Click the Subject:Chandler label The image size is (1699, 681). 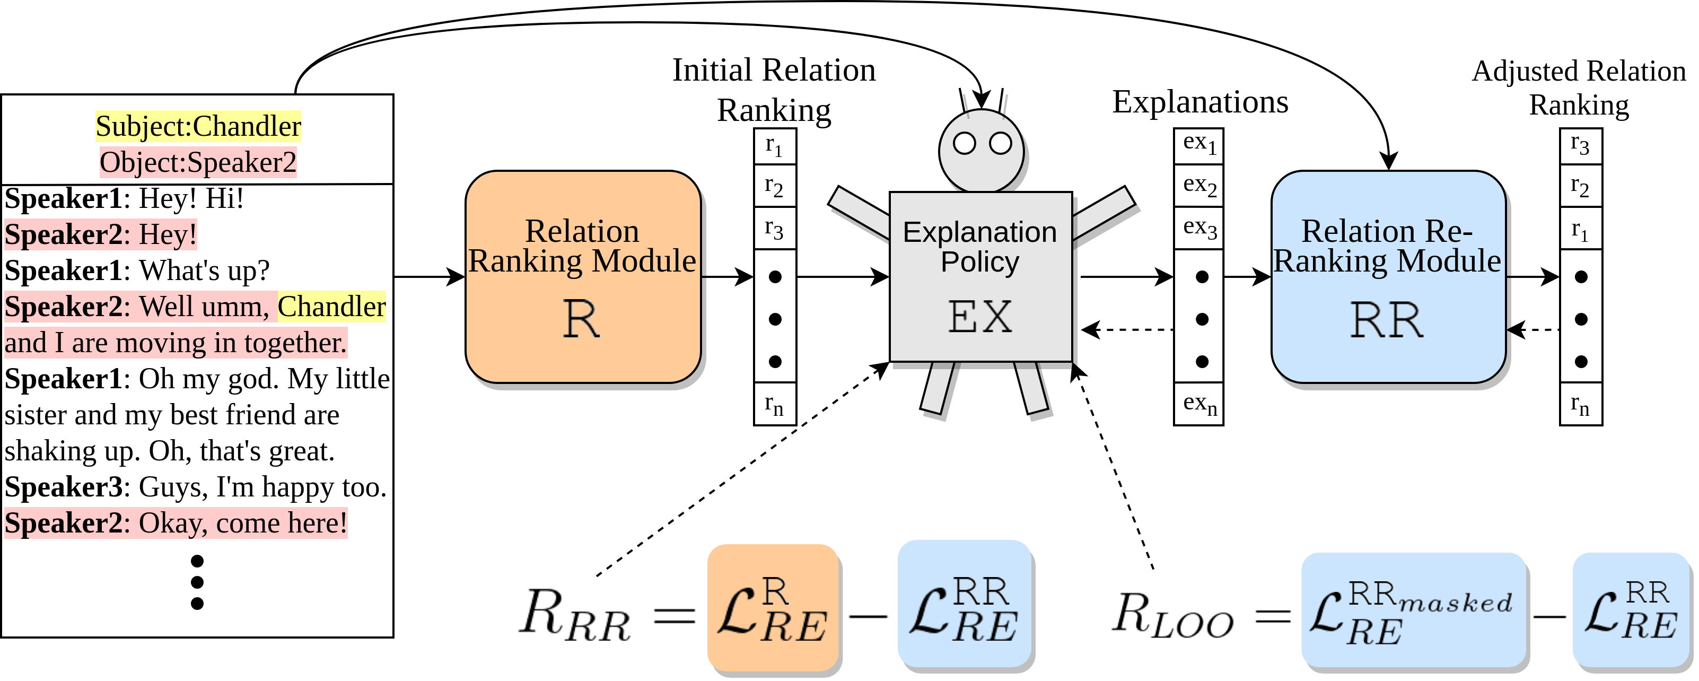click(198, 126)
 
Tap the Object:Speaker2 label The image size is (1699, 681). click(198, 162)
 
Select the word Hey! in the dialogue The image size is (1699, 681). click(168, 235)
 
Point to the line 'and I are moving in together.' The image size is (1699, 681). click(176, 343)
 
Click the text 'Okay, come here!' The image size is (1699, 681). click(242, 523)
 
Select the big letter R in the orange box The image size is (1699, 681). click(581, 319)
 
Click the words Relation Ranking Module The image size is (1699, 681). click(582, 246)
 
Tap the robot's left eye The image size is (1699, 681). click(964, 143)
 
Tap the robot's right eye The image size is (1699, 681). click(1001, 143)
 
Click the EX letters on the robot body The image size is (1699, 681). click(980, 317)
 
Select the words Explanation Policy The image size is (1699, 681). click(980, 247)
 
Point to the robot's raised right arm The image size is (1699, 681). click(1103, 212)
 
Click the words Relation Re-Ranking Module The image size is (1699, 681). click(1387, 246)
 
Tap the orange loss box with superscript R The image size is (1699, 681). click(772, 608)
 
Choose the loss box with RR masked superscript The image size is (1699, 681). click(1413, 610)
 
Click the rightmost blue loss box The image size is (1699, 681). click(1631, 610)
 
